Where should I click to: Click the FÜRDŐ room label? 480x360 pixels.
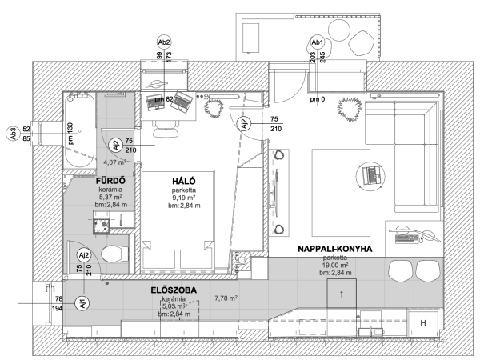tap(110, 180)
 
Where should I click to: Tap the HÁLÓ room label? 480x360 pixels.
tap(184, 182)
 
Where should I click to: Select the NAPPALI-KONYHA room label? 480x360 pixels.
tap(335, 249)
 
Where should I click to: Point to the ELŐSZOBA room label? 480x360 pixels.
tap(174, 290)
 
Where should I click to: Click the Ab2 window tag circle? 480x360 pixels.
tap(164, 42)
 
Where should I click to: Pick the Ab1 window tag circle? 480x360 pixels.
tap(317, 42)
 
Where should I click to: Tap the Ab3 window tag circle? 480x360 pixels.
tap(14, 134)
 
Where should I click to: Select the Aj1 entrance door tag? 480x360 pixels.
tap(83, 304)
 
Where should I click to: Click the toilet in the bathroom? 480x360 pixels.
tap(114, 254)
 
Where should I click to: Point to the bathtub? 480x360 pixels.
tap(79, 130)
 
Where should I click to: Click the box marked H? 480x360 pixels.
tap(423, 322)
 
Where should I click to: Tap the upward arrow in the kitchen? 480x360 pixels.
tap(342, 294)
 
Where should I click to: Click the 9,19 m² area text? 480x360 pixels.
tap(184, 198)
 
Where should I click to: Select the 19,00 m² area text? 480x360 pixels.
tap(335, 265)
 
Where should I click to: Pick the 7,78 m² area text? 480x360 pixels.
tap(226, 298)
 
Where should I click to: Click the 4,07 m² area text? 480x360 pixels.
tap(114, 162)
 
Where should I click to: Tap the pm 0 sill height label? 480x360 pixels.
tap(318, 99)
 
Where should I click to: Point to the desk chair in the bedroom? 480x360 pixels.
tap(166, 128)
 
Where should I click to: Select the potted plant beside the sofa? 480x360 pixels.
tap(350, 108)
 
